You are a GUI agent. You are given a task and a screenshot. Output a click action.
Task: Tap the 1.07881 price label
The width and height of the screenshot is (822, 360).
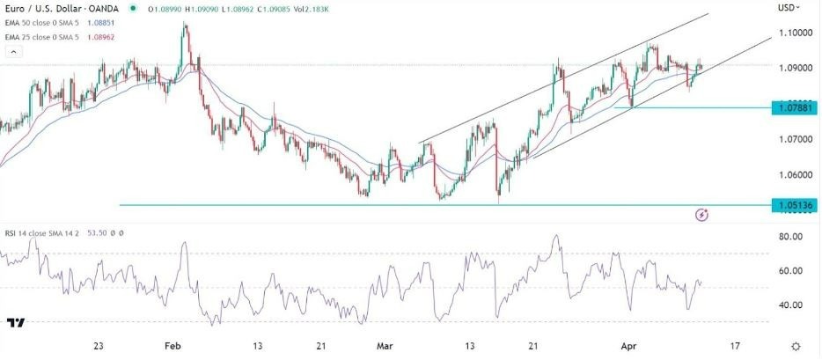point(792,108)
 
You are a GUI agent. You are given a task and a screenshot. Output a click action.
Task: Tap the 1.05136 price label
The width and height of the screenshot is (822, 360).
point(792,205)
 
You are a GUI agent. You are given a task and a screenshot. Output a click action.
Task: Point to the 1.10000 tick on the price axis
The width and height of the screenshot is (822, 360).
point(795,33)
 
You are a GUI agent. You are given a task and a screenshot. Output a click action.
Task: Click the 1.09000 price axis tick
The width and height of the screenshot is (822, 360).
point(795,68)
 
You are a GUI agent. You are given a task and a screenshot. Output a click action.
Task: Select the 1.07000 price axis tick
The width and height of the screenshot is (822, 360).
point(795,139)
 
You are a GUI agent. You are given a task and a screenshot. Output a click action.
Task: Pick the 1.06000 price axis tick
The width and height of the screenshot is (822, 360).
point(795,174)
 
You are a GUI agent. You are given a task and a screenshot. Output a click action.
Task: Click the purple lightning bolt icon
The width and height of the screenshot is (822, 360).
point(701,214)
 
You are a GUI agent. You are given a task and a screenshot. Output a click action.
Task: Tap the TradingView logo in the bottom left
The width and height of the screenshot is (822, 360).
point(16,323)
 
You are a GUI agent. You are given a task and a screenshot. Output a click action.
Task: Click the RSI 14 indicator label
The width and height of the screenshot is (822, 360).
point(18,235)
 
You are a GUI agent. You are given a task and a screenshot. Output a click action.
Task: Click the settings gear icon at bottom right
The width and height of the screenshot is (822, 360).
point(795,347)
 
